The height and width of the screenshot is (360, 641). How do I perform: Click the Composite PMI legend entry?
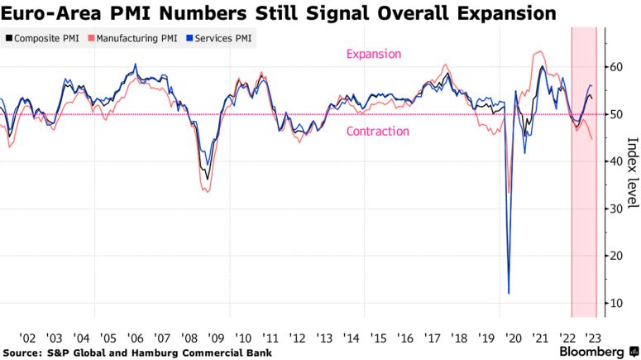(x=45, y=38)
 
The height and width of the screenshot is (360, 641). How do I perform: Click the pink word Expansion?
(x=373, y=55)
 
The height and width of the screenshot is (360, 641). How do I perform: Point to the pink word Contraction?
(x=378, y=131)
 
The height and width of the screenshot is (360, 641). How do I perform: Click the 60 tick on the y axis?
(x=616, y=67)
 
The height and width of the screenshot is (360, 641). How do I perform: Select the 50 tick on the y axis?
(x=616, y=114)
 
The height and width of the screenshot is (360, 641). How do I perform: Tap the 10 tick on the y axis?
(x=616, y=304)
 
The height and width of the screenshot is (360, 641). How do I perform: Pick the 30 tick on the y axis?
(x=616, y=209)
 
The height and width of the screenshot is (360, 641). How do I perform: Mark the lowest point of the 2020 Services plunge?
(x=509, y=292)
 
